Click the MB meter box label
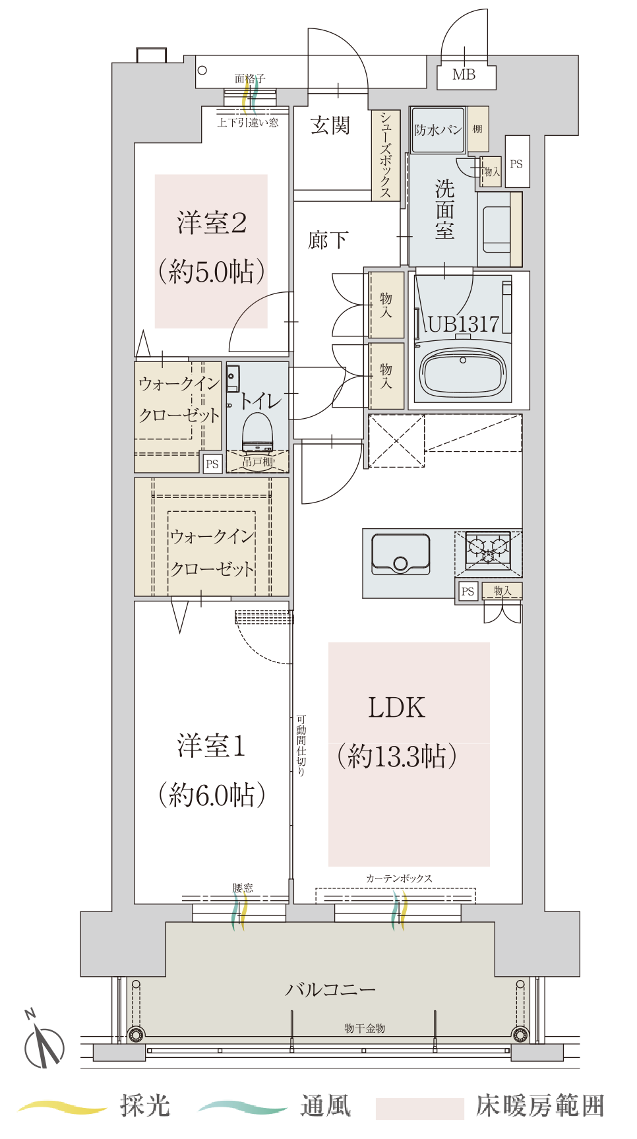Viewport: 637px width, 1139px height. click(x=464, y=75)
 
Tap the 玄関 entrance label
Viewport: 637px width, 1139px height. click(x=330, y=125)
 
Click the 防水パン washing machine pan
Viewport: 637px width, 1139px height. click(x=438, y=130)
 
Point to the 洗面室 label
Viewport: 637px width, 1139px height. click(x=445, y=209)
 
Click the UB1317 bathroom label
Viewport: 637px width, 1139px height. click(x=464, y=324)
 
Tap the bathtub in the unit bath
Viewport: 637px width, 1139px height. click(x=464, y=371)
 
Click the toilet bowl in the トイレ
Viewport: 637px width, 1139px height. click(x=258, y=432)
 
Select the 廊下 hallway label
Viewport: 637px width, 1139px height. click(x=328, y=240)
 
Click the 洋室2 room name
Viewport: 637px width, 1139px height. click(x=212, y=223)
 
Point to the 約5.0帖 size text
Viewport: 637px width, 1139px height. click(x=212, y=271)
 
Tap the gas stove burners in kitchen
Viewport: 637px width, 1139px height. click(x=488, y=550)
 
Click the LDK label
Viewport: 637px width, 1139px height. click(x=396, y=707)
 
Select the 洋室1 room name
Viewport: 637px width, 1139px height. click(x=212, y=746)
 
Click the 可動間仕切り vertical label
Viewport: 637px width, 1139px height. click(x=301, y=745)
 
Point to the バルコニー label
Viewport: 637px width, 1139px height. click(x=330, y=989)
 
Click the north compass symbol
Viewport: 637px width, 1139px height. click(x=44, y=1042)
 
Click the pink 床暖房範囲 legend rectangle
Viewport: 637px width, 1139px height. click(x=420, y=1109)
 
